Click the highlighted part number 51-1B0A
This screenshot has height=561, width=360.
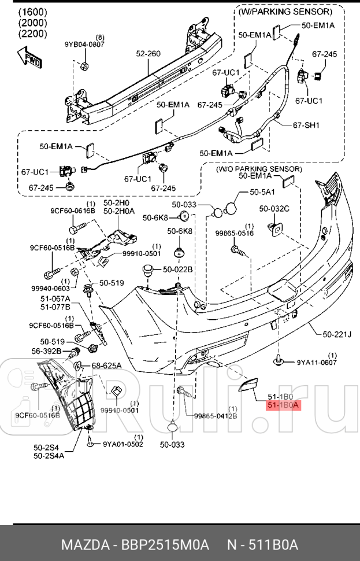tap(283, 405)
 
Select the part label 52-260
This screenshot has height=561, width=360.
tap(148, 54)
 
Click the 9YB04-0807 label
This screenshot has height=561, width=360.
tap(84, 45)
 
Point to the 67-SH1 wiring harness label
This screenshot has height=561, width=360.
tap(306, 125)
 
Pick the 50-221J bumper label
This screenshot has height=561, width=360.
tap(337, 334)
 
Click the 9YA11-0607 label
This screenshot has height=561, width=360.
tap(316, 363)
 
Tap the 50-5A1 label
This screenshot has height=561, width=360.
tap(262, 191)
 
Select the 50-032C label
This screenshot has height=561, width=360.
tap(274, 208)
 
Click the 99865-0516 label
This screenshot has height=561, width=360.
tap(235, 234)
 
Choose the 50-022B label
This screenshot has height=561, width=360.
tap(177, 269)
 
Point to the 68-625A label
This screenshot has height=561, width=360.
tap(106, 366)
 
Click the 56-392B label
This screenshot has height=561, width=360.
tap(47, 350)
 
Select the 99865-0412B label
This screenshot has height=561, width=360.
tap(215, 415)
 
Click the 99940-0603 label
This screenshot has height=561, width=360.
tap(50, 288)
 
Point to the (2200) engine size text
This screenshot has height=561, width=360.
tap(33, 34)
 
